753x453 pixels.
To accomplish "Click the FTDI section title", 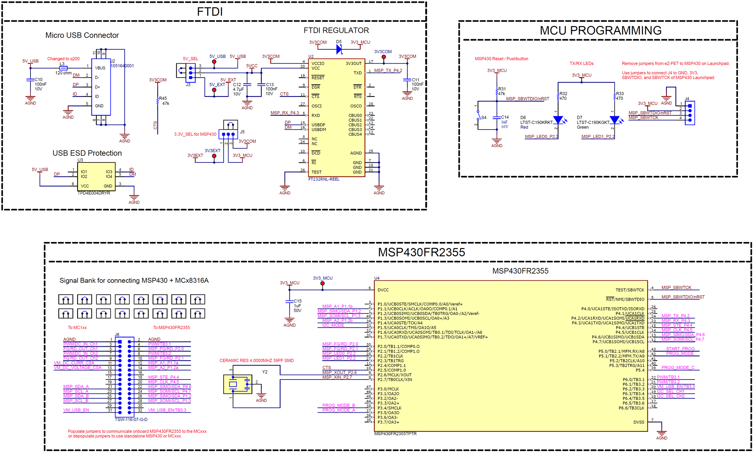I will (210, 12).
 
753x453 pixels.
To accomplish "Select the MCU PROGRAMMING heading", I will (600, 31).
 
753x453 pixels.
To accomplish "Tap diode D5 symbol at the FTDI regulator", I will (339, 49).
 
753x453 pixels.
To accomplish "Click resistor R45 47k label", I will (164, 101).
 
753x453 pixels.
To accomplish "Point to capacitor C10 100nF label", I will (40, 84).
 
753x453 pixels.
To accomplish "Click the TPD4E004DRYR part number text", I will (94, 193).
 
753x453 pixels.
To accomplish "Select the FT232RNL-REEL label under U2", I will (324, 179).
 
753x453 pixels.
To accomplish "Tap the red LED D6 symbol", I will (558, 120).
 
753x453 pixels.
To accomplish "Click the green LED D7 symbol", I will (614, 120).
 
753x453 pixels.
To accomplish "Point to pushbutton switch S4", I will (478, 117).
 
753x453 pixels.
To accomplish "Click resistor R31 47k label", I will (501, 91).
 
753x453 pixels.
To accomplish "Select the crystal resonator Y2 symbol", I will (238, 384).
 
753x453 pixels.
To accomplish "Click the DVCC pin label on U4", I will (383, 290).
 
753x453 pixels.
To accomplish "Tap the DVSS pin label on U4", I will (639, 422).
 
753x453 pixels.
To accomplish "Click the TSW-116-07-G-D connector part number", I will (131, 419).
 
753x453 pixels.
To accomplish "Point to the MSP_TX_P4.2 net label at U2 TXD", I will (388, 70).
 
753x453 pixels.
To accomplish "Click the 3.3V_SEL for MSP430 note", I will (195, 134).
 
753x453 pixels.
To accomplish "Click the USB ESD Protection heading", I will (87, 153).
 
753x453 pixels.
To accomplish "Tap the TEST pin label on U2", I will (316, 172).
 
